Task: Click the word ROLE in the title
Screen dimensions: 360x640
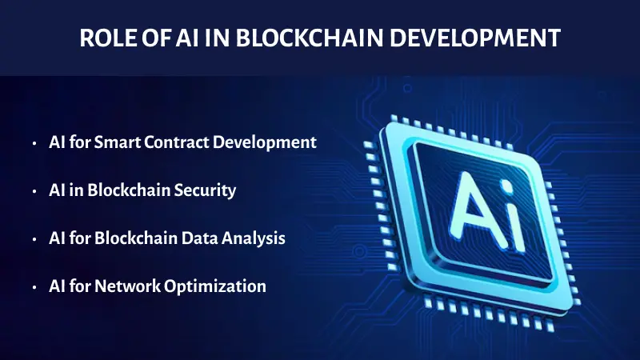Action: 106,39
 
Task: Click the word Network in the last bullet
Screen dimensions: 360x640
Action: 124,286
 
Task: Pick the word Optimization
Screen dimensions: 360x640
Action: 210,286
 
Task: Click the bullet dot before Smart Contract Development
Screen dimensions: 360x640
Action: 34,144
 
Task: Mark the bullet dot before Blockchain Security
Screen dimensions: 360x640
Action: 34,192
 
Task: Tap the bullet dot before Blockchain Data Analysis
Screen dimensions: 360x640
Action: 34,239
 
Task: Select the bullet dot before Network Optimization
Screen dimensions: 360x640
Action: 34,286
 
